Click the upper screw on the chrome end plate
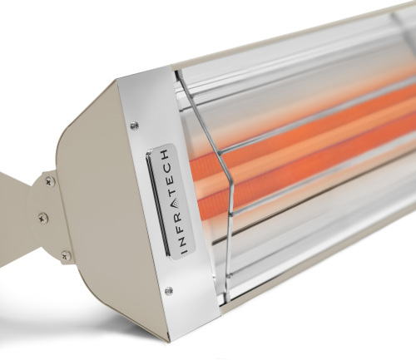pos(134,125)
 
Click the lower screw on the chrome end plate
pos(169,291)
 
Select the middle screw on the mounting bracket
pos(42,218)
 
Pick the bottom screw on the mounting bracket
pos(66,254)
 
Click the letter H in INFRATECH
pos(165,154)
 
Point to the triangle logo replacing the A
pos(176,204)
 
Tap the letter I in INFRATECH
pos(185,252)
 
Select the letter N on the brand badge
pos(183,242)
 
